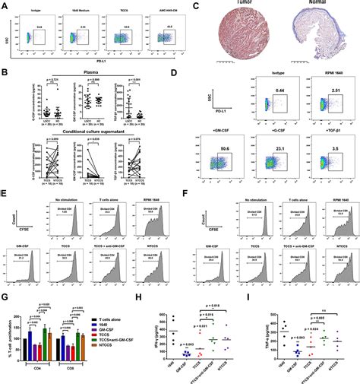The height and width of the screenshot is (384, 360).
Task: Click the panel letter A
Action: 4,5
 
